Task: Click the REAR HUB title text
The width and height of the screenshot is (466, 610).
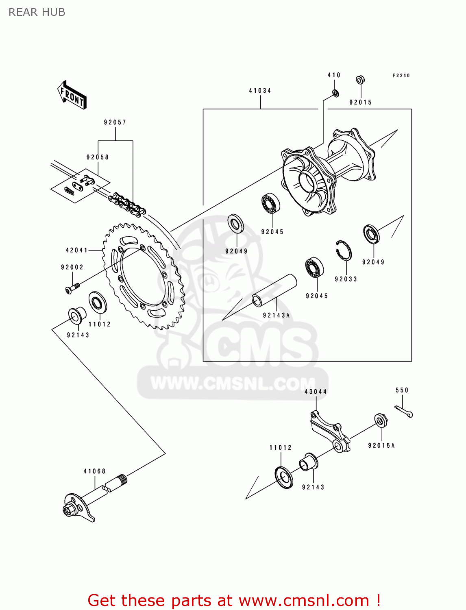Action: tap(37, 12)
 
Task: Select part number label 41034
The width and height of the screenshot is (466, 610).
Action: tap(260, 91)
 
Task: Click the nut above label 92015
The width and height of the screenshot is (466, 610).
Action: tap(360, 80)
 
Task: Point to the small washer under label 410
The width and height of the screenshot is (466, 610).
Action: tap(335, 94)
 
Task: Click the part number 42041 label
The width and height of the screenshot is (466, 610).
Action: tap(77, 250)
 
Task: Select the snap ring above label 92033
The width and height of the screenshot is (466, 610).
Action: tap(344, 250)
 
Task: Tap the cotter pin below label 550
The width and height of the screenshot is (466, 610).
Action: tap(404, 412)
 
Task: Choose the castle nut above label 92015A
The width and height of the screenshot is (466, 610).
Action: tap(381, 420)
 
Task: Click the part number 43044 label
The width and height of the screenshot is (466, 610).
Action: tap(316, 392)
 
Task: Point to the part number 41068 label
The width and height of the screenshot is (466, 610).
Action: tap(95, 471)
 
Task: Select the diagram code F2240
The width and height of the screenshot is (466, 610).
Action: tap(401, 76)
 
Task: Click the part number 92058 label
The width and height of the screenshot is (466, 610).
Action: tap(98, 157)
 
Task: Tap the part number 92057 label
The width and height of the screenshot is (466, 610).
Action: tap(115, 122)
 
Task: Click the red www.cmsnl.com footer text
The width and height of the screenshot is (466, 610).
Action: tap(234, 600)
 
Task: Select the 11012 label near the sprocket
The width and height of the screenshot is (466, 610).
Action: tap(100, 324)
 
